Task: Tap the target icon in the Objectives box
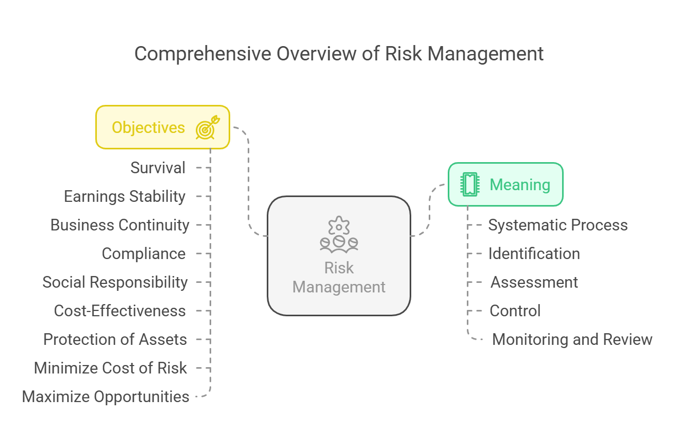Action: click(207, 127)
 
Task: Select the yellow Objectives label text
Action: click(148, 128)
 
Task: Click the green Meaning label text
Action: click(520, 185)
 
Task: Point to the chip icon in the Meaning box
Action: click(470, 184)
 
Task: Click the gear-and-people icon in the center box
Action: click(339, 234)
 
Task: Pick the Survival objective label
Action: click(158, 168)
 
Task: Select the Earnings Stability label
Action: click(124, 197)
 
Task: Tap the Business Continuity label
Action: click(120, 225)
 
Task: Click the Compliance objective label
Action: click(143, 254)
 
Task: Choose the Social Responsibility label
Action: click(115, 282)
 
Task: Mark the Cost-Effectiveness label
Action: click(120, 311)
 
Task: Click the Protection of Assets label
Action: click(115, 339)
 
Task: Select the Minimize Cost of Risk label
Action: click(111, 368)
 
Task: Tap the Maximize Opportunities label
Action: click(106, 397)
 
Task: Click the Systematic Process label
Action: click(558, 225)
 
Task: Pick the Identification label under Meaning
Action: click(534, 254)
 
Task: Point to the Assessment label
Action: click(534, 282)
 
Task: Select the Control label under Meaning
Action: click(515, 311)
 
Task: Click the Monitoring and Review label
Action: click(572, 340)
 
